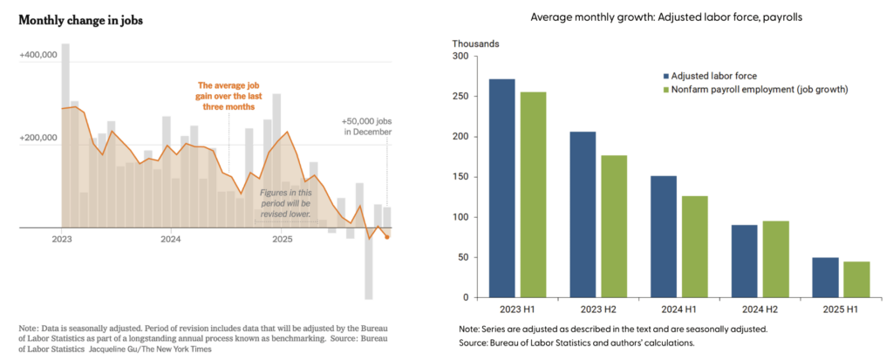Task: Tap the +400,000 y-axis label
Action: pos(37,55)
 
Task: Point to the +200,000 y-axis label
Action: pos(37,138)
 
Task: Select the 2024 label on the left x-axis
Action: pos(170,238)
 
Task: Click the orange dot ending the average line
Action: pos(387,236)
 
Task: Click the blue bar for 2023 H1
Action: pos(502,188)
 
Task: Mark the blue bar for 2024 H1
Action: pos(663,236)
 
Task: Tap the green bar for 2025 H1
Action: pos(857,279)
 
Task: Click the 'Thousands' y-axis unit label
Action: pos(474,43)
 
